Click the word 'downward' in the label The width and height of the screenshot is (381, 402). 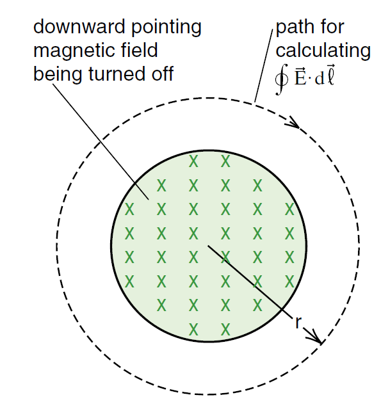pos(80,26)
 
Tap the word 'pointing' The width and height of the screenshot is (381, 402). pos(166,28)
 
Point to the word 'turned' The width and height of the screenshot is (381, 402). pos(117,74)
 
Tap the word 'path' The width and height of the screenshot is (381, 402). pos(293,28)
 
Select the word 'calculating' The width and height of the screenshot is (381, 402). pos(323,51)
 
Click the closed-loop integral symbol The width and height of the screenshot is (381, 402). pos(282,79)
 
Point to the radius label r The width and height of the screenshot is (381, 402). pos(298,323)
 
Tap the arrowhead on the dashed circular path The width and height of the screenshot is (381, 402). pos(293,122)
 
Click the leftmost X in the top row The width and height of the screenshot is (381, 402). pos(193,161)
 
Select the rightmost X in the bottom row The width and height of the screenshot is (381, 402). pos(225,330)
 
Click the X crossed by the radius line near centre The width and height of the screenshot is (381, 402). pos(225,257)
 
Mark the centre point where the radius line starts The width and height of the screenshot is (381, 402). pos(208,246)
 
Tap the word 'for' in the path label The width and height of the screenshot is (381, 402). pos(330,26)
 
